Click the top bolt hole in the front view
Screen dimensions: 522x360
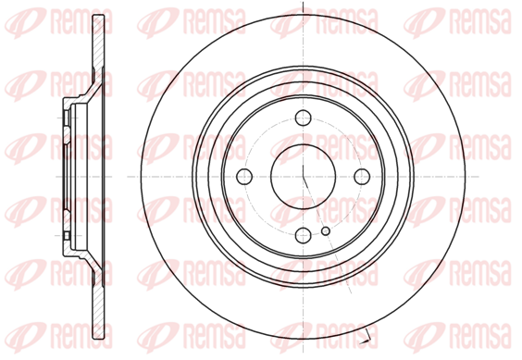[x=303, y=118]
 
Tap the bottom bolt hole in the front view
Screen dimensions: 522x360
[x=303, y=235]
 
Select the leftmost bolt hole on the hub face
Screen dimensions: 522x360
[x=244, y=176]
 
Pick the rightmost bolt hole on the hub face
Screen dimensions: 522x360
[x=362, y=176]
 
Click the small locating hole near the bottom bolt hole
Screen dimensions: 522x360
[x=326, y=230]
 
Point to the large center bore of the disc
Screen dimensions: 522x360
[x=303, y=177]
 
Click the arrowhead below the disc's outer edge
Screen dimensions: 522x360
[x=366, y=341]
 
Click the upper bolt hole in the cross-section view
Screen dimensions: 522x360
[x=67, y=118]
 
